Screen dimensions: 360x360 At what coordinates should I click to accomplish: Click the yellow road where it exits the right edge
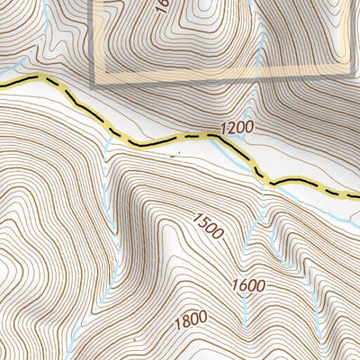pos(356,195)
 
